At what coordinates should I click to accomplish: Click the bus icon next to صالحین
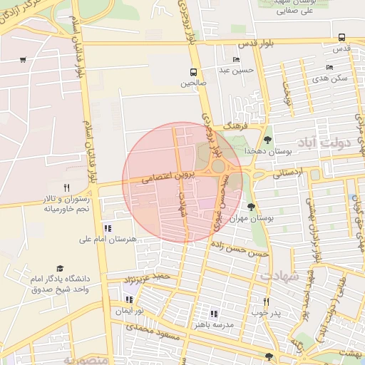pyautogui.click(x=193, y=71)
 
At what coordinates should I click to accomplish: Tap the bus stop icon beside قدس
pyautogui.click(x=342, y=37)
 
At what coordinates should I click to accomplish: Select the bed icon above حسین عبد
pyautogui.click(x=236, y=59)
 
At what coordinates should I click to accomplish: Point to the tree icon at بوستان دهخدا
pyautogui.click(x=268, y=140)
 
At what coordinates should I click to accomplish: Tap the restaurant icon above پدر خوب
pyautogui.click(x=266, y=302)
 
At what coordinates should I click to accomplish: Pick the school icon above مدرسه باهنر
pyautogui.click(x=213, y=313)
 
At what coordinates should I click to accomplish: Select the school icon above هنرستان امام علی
pyautogui.click(x=108, y=228)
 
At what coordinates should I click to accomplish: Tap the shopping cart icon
pyautogui.click(x=24, y=60)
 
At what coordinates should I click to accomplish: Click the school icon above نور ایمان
pyautogui.click(x=128, y=299)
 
